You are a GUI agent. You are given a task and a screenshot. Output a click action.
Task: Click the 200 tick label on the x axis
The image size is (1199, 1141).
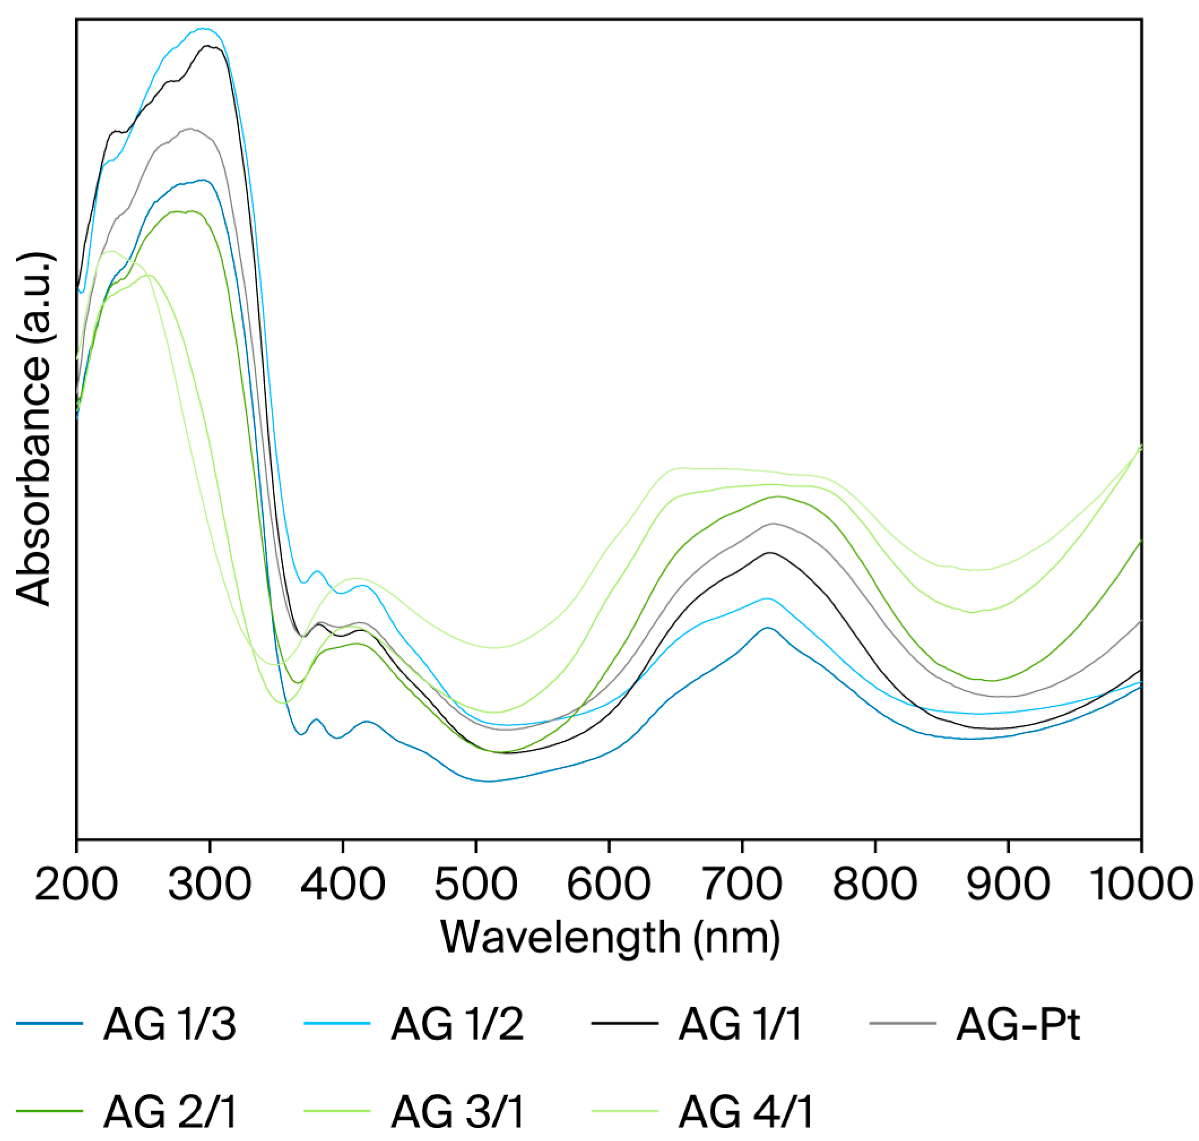point(76,884)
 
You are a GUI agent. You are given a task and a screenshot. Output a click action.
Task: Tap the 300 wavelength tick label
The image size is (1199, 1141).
point(209,884)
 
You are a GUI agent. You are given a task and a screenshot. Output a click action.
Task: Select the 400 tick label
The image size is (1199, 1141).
point(342,884)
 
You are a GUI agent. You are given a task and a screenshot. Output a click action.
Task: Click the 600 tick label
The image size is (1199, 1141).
point(609,884)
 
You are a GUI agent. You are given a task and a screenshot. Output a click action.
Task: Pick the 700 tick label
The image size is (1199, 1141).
point(742,884)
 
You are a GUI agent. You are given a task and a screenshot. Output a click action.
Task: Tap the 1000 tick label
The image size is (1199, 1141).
point(1141,884)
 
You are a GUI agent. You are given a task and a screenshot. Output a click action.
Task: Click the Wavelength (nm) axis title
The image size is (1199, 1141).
point(610,938)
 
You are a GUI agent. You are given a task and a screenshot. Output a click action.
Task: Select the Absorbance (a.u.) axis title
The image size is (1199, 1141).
point(34,429)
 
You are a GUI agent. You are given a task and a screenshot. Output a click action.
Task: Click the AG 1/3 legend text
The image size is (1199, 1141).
point(170,1024)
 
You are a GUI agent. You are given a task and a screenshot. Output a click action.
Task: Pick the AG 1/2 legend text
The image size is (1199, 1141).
point(457,1024)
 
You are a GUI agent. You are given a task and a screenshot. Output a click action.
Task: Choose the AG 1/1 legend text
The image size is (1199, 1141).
point(741,1024)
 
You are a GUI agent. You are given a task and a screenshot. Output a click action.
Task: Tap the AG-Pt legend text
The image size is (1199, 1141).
point(1017,1024)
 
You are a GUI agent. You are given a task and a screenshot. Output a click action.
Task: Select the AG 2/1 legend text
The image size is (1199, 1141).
point(170,1110)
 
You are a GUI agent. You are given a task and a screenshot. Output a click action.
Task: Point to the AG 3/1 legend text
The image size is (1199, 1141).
point(457,1110)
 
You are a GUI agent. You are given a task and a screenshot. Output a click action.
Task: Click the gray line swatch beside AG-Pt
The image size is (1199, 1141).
point(903,1024)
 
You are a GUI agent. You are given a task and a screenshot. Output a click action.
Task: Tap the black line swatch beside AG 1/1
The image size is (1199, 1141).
point(624,1024)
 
